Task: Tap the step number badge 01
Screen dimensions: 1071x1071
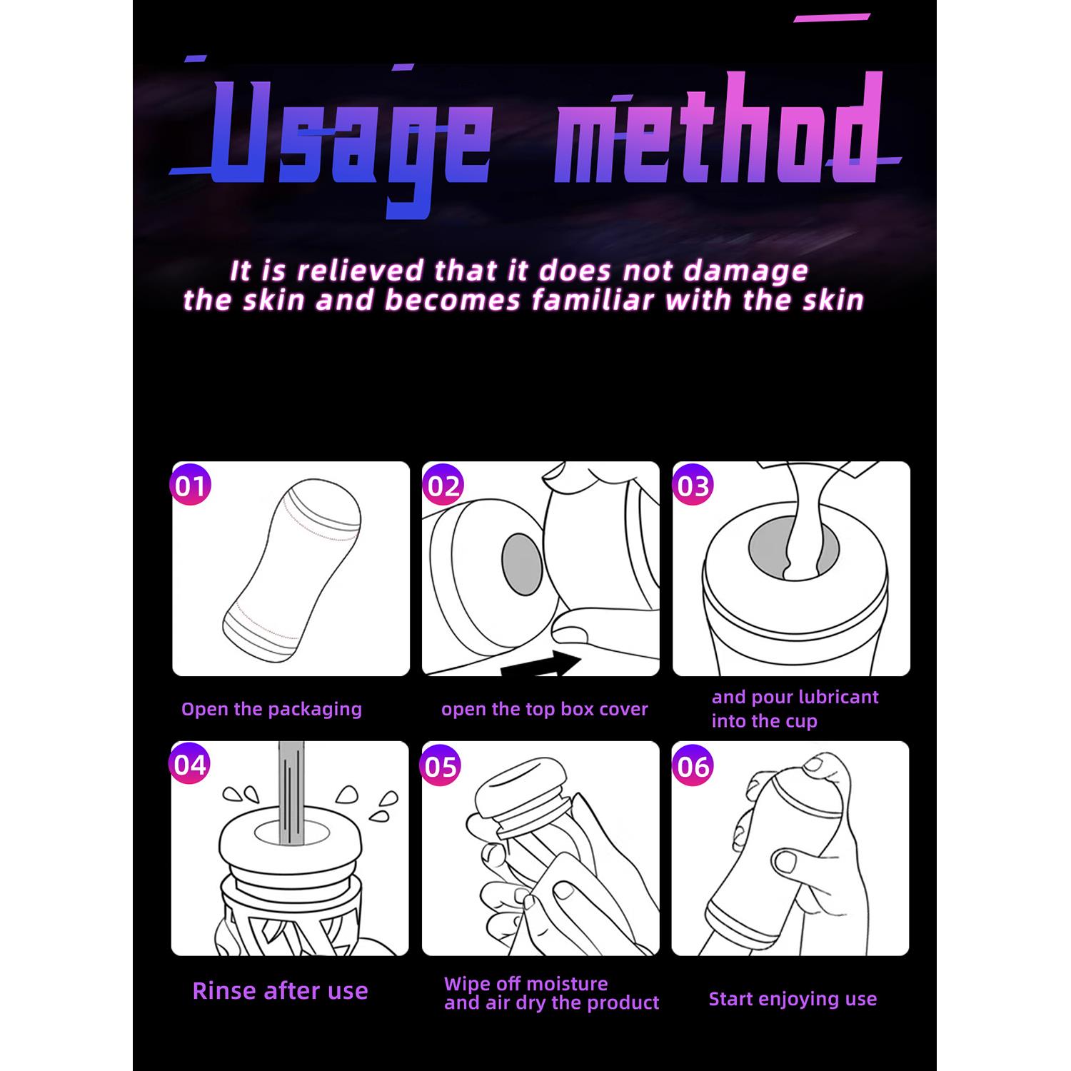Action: (191, 486)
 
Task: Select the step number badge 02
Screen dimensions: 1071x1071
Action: (443, 486)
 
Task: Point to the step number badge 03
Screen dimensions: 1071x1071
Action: (693, 486)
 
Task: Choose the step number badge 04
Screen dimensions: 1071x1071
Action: (191, 765)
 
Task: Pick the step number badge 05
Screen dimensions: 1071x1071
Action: (441, 766)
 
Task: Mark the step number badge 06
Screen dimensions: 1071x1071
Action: (693, 766)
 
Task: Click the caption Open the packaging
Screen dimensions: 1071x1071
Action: (271, 709)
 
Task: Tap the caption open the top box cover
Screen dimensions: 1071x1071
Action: (544, 709)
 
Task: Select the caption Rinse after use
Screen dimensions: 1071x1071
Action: (280, 990)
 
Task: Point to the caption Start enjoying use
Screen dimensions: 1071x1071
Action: (793, 999)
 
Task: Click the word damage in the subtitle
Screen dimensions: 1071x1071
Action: (746, 271)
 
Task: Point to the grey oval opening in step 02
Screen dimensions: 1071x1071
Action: (523, 564)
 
